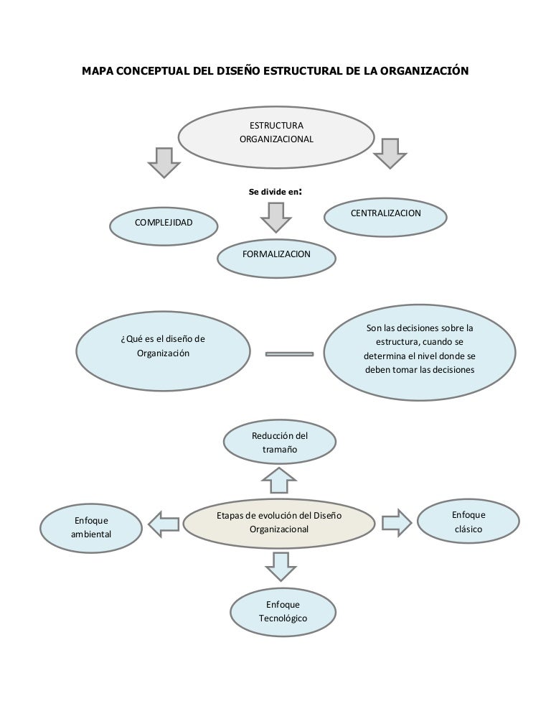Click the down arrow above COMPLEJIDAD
(164, 162)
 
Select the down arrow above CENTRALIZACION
(390, 153)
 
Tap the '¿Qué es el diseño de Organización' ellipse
(163, 348)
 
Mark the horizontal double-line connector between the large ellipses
(289, 353)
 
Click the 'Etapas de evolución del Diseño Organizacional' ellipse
(279, 523)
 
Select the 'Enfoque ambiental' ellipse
(92, 528)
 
